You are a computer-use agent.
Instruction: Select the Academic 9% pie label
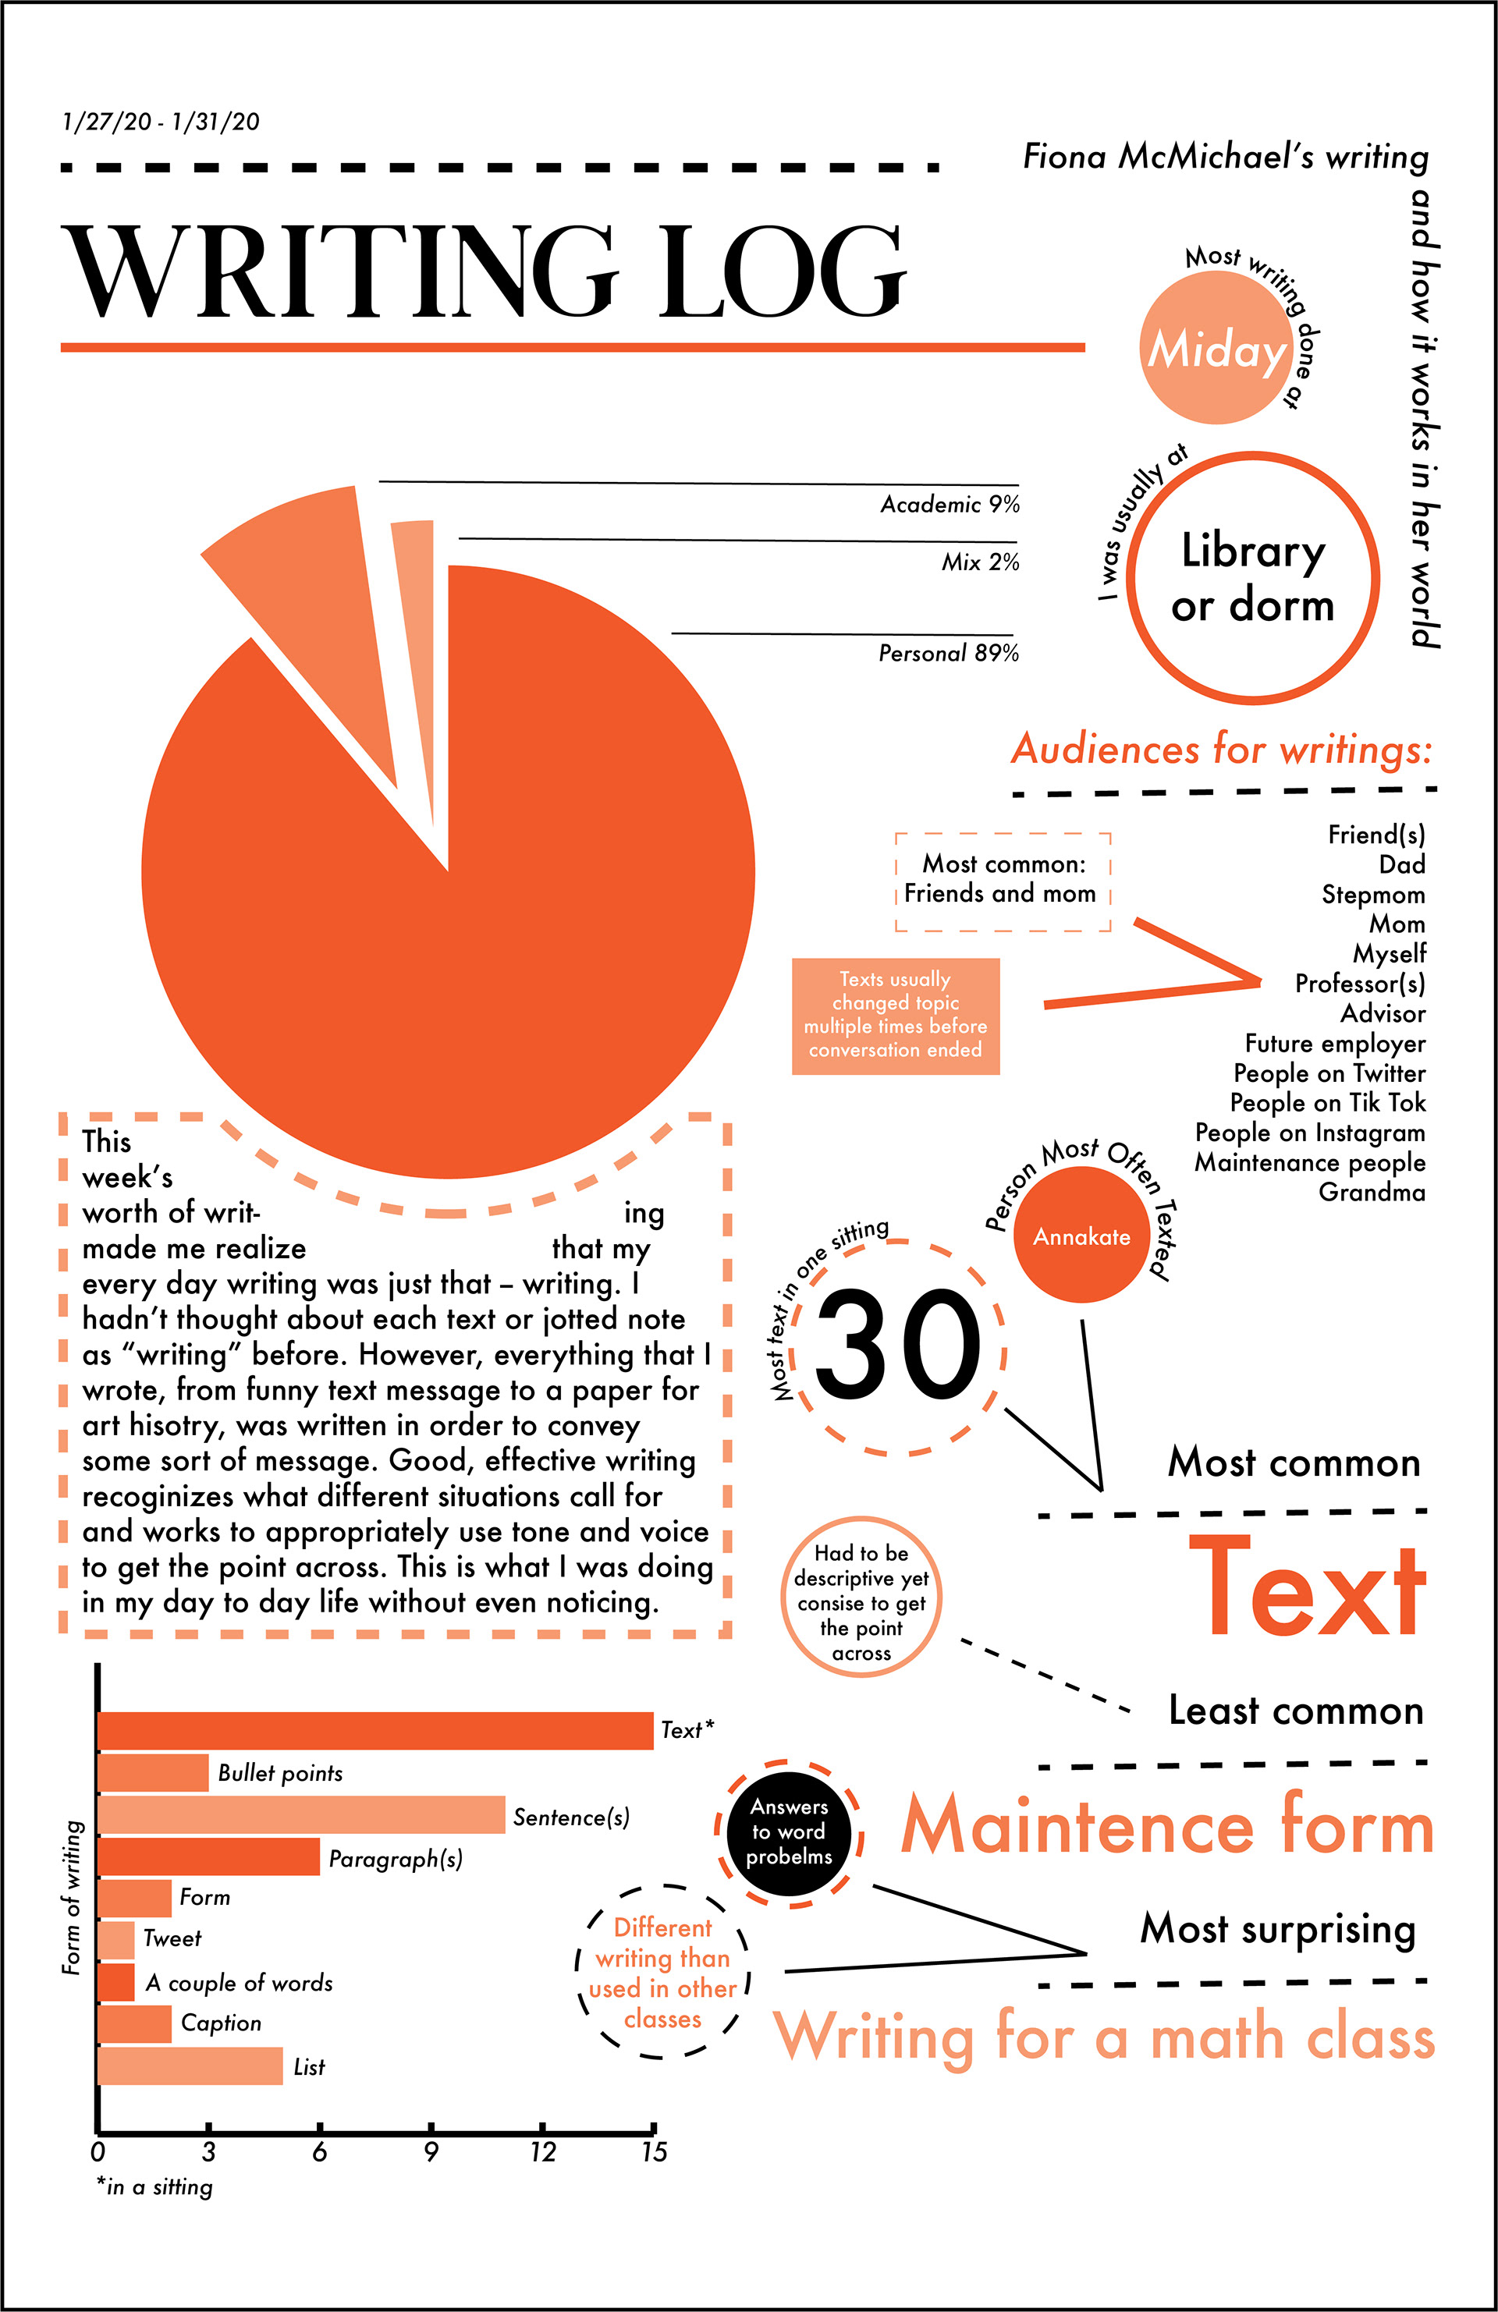949,504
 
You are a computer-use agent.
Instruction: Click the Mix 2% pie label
979,562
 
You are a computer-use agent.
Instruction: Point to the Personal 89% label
948,653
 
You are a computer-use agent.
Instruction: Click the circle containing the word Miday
1217,349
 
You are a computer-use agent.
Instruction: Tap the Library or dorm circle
1252,578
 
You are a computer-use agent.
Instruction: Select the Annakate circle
1081,1236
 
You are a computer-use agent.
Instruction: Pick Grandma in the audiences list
1371,1192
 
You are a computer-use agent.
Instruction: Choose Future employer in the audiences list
1335,1044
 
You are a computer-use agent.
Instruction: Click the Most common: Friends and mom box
1002,880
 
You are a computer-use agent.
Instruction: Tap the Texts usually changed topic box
895,1015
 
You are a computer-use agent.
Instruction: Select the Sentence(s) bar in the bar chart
301,1814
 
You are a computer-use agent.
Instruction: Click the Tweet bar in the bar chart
116,1939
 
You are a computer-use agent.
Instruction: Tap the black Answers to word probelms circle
789,1832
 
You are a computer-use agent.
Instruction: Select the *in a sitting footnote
154,2186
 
